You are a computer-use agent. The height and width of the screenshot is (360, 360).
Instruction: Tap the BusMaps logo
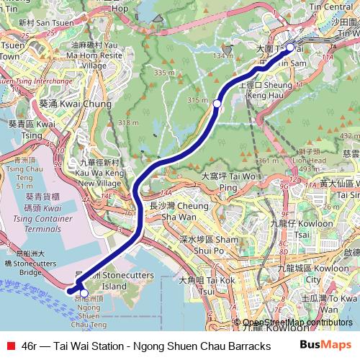[325, 346]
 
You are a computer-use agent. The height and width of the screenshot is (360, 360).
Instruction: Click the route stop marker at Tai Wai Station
[290, 48]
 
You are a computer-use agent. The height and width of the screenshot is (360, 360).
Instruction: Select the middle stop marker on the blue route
[217, 104]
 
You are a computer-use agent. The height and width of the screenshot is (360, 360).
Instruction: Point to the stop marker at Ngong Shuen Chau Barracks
[84, 293]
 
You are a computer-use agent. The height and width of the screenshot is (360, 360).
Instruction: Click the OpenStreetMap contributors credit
[297, 323]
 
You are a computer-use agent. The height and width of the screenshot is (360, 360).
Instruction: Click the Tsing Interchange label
[29, 82]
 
